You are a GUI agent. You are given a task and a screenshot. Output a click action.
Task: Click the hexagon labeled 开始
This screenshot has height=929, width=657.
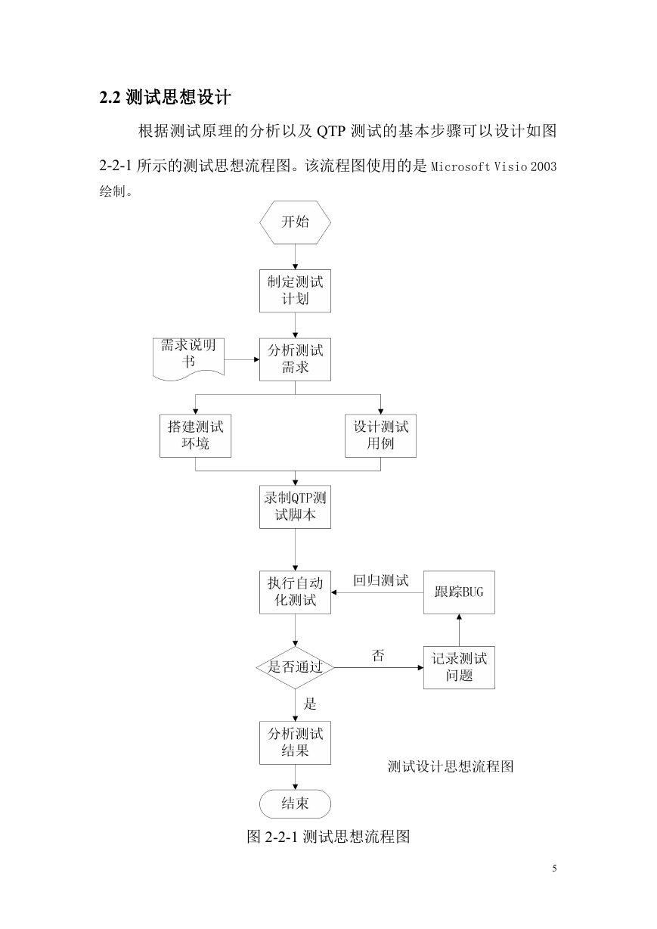[295, 222]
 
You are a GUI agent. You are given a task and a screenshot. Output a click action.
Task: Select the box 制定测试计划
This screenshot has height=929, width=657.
[295, 291]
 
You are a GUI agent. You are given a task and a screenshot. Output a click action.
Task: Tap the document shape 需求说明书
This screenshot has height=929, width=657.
[188, 359]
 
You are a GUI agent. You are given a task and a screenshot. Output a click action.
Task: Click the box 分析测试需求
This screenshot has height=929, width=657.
[295, 359]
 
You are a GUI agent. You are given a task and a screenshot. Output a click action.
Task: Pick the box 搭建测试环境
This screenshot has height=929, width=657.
[195, 436]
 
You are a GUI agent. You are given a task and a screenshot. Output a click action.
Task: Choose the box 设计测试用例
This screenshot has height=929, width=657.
[380, 436]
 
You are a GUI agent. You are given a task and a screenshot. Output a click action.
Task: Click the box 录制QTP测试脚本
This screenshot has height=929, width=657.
[295, 507]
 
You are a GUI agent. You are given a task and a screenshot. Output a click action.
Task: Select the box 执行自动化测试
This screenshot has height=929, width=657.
[295, 592]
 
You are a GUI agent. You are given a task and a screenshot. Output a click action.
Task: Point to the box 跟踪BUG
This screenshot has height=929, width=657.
[459, 592]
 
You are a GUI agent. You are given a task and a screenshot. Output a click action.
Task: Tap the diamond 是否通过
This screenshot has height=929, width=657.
[295, 668]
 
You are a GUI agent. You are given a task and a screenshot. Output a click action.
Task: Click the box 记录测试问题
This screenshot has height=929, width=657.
[459, 668]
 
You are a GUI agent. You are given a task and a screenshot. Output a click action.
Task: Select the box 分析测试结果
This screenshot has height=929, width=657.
[295, 743]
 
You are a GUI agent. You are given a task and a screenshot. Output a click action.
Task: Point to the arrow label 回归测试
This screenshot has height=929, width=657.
[381, 581]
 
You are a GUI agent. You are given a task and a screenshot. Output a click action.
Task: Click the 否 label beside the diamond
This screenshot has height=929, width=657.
[377, 656]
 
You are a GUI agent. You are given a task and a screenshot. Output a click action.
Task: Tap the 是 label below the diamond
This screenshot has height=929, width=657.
[310, 704]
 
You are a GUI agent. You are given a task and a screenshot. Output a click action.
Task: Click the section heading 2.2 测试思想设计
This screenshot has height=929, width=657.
[165, 98]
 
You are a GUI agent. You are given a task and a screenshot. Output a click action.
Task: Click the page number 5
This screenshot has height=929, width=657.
[555, 868]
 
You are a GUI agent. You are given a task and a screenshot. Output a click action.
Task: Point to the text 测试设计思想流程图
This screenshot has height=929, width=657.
[451, 766]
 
